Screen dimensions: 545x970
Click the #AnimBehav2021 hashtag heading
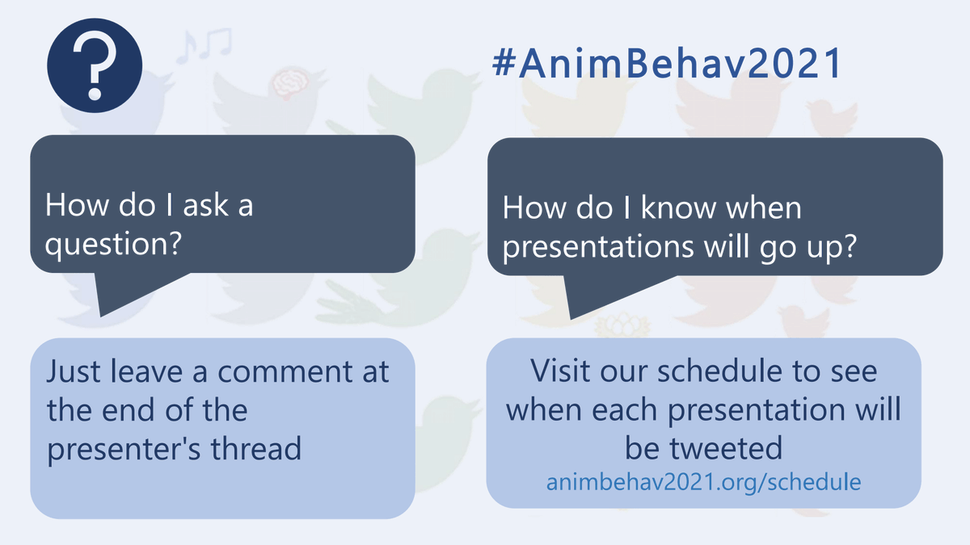click(x=667, y=64)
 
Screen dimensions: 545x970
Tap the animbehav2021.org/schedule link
click(x=703, y=482)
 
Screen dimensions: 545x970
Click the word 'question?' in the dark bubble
click(x=112, y=243)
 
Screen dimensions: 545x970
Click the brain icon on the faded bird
click(x=287, y=82)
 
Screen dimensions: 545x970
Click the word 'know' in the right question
click(x=679, y=208)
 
